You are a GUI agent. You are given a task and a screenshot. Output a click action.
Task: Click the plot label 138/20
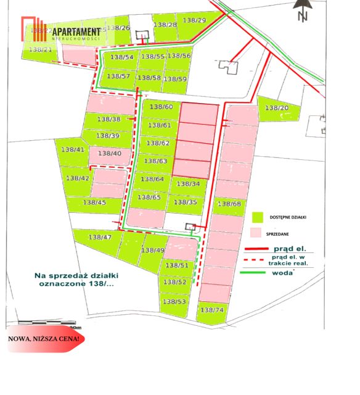[277, 108]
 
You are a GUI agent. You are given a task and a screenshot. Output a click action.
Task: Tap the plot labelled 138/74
[212, 310]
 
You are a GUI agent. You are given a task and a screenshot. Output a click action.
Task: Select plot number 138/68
[229, 204]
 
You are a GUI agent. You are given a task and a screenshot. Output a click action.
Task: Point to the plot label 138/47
[100, 238]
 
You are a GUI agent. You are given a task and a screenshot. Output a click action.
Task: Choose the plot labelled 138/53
[174, 302]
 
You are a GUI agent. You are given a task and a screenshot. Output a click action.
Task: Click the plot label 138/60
[160, 107]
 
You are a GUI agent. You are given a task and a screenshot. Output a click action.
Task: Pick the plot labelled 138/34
[188, 184]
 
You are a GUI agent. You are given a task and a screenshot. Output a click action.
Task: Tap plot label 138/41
[73, 150]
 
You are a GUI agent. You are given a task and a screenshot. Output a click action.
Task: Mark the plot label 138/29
[195, 21]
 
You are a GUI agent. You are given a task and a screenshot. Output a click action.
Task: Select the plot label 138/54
[121, 57]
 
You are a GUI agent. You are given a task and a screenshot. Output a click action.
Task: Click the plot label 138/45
[94, 202]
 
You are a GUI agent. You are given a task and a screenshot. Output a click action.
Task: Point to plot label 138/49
[152, 251]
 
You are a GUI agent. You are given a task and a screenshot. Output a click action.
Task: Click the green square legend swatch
[258, 217]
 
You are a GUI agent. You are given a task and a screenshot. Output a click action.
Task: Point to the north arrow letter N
[302, 17]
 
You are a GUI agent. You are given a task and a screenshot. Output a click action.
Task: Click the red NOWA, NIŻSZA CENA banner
[43, 339]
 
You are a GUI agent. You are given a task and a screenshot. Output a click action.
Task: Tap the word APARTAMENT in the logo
[76, 31]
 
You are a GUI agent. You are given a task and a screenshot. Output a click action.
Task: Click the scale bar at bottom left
[46, 323]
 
